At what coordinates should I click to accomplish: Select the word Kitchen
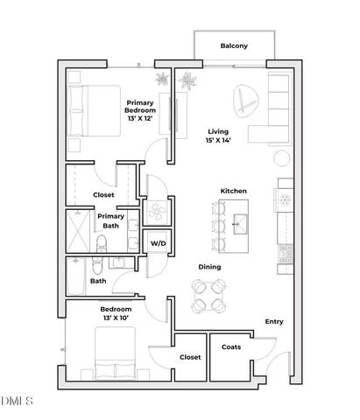tap(233, 191)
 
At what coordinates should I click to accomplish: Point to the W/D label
tap(159, 242)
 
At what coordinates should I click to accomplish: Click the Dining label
tap(208, 267)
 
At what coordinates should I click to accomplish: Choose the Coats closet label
tap(231, 346)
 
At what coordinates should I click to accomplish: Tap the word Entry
tap(273, 322)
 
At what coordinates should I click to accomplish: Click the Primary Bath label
tap(111, 220)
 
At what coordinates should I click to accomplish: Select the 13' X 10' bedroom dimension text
tap(116, 319)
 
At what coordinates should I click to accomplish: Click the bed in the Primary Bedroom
tap(94, 110)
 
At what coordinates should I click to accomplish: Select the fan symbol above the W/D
tap(158, 211)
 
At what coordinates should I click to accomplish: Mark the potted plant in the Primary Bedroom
tap(162, 79)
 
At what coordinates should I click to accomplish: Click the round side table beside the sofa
tap(280, 158)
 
